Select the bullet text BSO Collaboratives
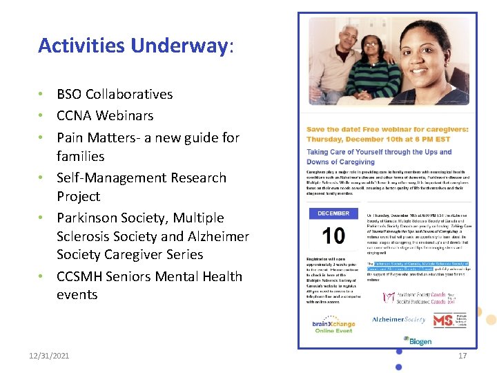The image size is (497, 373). [x=115, y=94]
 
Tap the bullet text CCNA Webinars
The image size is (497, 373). [x=105, y=115]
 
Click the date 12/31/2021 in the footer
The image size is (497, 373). [x=49, y=356]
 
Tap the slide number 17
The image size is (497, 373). [x=462, y=356]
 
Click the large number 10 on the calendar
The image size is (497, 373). [x=333, y=236]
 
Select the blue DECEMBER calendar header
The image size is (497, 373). [x=333, y=213]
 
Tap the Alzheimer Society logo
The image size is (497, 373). [x=399, y=320]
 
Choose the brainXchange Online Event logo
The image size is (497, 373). [x=333, y=325]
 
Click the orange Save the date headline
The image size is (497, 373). [x=387, y=133]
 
